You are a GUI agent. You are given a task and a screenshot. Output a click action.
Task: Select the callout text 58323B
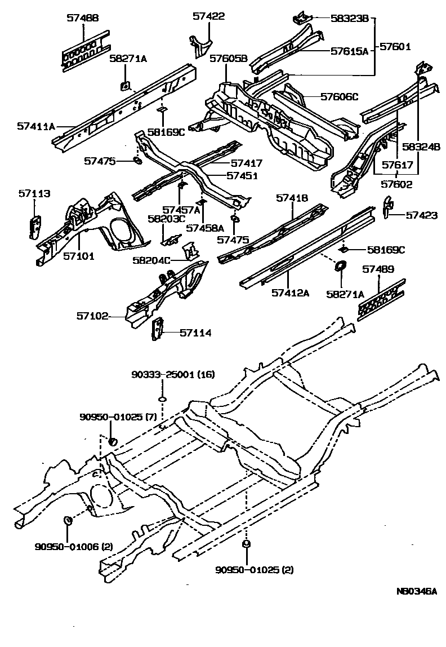pyautogui.click(x=350, y=19)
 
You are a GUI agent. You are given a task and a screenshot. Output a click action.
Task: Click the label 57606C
pyautogui.click(x=339, y=97)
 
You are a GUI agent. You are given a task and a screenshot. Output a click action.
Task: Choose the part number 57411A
pyautogui.click(x=35, y=127)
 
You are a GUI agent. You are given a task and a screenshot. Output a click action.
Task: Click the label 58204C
pyautogui.click(x=151, y=260)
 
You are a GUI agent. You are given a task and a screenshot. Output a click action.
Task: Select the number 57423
pyautogui.click(x=422, y=215)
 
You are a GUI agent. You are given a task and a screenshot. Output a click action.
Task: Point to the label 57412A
pyautogui.click(x=291, y=293)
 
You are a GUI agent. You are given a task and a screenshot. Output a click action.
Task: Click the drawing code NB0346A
pyautogui.click(x=416, y=591)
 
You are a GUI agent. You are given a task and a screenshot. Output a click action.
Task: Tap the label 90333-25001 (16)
pyautogui.click(x=166, y=375)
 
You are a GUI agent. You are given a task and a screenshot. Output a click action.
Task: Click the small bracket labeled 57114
pyautogui.click(x=157, y=329)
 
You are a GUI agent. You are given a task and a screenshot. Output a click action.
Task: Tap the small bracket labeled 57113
pyautogui.click(x=34, y=224)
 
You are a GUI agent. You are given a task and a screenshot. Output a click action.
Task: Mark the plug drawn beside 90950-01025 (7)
pyautogui.click(x=111, y=440)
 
